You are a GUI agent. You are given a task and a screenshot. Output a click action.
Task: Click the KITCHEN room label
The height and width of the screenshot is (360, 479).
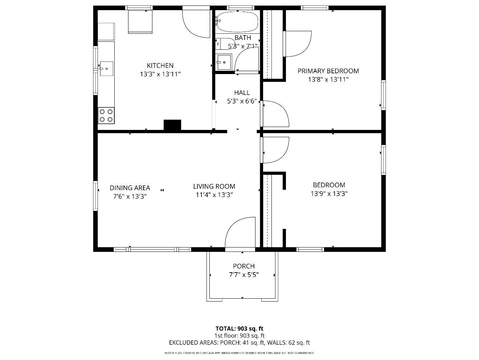point(160,66)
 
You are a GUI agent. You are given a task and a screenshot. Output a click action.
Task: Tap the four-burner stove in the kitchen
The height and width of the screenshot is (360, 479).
point(106,115)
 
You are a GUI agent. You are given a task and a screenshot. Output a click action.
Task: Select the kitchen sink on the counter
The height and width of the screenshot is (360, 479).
point(106,69)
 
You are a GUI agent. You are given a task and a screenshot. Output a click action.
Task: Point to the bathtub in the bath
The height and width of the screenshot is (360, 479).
point(238,22)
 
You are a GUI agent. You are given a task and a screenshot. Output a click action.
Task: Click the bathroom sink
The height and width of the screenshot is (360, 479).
point(224,62)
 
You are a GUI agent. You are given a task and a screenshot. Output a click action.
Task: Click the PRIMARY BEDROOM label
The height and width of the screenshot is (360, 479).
point(328,71)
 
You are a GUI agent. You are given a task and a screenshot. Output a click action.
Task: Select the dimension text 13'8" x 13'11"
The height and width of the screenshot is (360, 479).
point(328,80)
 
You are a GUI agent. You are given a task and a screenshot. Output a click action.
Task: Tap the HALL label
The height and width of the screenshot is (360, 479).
point(242,93)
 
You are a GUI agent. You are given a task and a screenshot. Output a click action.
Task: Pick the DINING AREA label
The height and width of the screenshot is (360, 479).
point(130,188)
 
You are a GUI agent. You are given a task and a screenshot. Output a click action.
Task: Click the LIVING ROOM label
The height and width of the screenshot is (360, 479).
point(214,187)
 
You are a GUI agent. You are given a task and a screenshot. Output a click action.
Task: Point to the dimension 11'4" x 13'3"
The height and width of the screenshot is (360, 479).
point(214,195)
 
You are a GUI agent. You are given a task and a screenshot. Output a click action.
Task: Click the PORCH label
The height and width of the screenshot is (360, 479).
point(243,266)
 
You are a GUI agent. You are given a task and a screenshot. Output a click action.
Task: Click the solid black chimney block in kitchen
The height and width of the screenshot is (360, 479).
point(172,125)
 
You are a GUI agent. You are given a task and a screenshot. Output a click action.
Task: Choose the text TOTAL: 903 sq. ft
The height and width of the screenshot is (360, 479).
point(239,329)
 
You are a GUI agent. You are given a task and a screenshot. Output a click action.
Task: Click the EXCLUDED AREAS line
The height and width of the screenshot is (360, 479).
point(239,343)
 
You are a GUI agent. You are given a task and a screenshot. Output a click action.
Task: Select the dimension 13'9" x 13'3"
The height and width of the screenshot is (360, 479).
point(329,194)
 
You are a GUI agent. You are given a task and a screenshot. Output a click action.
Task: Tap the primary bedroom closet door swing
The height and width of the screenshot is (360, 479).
point(298,44)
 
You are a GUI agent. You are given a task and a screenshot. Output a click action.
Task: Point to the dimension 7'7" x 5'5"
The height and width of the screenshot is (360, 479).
point(243,275)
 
